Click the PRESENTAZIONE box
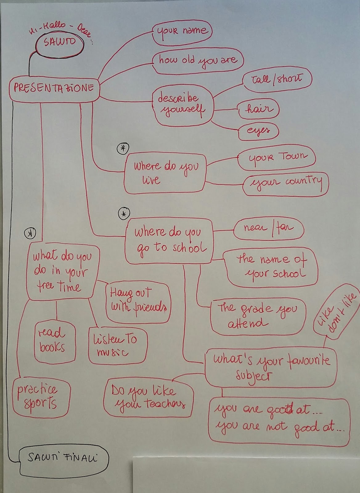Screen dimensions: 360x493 coord(54,88)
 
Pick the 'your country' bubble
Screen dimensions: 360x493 coord(286,183)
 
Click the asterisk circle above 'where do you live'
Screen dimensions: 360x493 coord(123,149)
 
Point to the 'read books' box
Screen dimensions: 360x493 coord(55,341)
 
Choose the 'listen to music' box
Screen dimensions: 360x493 coord(117,345)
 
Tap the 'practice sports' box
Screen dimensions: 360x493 coord(41,397)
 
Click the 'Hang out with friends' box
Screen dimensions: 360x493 coord(138,303)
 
